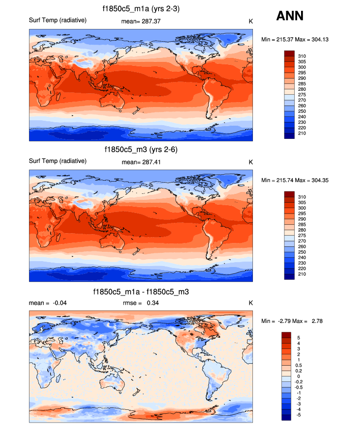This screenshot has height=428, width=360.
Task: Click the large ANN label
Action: point(290,16)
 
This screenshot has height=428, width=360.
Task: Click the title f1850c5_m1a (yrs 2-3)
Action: point(141,8)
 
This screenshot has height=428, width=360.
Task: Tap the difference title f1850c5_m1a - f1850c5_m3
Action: point(141,292)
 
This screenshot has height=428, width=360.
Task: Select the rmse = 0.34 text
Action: point(141,303)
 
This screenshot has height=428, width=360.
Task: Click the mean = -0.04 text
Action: point(48,303)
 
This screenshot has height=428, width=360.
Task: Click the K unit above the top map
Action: point(250,21)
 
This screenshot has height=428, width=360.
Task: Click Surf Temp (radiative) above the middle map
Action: point(58,161)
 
